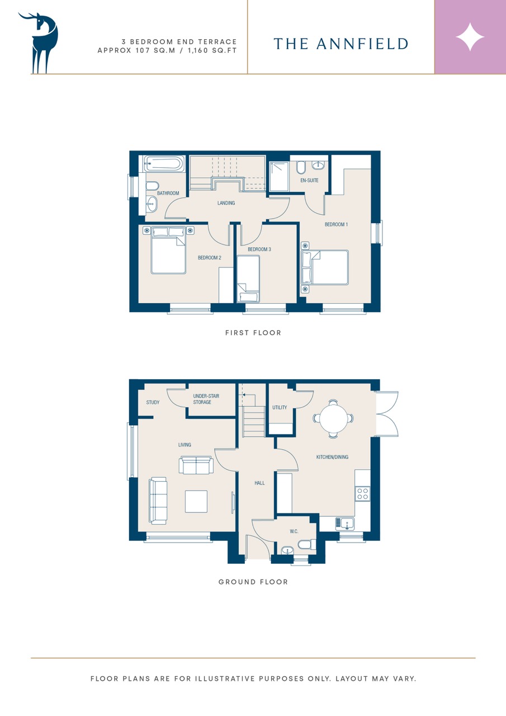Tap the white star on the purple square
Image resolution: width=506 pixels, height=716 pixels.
pyautogui.click(x=470, y=37)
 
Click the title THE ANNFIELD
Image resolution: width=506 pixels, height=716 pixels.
pyautogui.click(x=341, y=44)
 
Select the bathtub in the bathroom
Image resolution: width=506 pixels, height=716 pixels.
pyautogui.click(x=164, y=164)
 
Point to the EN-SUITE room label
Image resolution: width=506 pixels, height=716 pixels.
pyautogui.click(x=309, y=180)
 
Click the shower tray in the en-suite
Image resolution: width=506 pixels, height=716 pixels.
pyautogui.click(x=279, y=176)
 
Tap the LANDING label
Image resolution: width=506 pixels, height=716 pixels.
pyautogui.click(x=226, y=203)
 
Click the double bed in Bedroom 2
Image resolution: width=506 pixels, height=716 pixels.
pyautogui.click(x=168, y=250)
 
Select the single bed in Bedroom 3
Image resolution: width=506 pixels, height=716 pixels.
pyautogui.click(x=248, y=279)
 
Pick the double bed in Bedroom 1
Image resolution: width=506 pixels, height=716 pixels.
pyautogui.click(x=324, y=267)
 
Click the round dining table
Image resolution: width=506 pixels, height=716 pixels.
pyautogui.click(x=333, y=418)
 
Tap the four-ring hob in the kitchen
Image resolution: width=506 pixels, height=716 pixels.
pyautogui.click(x=362, y=493)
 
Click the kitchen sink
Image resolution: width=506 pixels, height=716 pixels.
pyautogui.click(x=344, y=523)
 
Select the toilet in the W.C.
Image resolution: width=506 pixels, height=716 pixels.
pyautogui.click(x=307, y=544)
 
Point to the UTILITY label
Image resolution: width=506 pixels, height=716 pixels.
pyautogui.click(x=280, y=408)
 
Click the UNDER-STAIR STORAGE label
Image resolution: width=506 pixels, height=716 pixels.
pyautogui.click(x=206, y=399)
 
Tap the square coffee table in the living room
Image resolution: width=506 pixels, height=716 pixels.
pyautogui.click(x=196, y=502)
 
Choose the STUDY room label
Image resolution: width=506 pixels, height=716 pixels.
pyautogui.click(x=153, y=402)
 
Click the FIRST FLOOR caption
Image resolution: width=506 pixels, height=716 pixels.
pyautogui.click(x=253, y=333)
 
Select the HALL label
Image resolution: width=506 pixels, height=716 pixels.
pyautogui.click(x=259, y=483)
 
